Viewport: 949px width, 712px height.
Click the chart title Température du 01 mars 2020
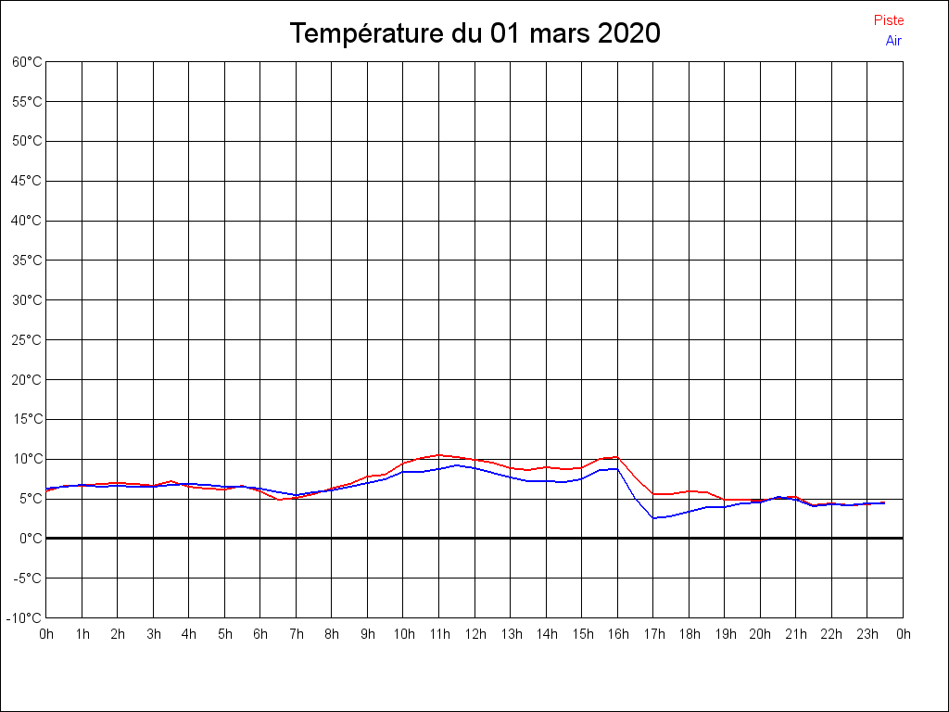click(x=474, y=33)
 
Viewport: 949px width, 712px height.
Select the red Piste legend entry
click(x=888, y=20)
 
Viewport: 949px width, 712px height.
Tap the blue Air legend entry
click(x=893, y=40)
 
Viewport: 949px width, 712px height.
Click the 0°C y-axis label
click(x=31, y=538)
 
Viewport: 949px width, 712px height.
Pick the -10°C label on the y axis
click(x=26, y=617)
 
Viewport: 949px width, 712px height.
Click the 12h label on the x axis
click(x=474, y=634)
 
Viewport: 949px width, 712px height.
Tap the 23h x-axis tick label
click(x=867, y=634)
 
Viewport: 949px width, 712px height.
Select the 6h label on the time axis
click(x=260, y=634)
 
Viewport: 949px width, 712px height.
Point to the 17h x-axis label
click(x=653, y=634)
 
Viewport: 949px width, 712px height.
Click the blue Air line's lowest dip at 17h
click(x=653, y=517)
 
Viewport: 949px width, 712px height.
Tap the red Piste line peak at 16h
click(x=617, y=457)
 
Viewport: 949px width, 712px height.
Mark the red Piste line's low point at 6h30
click(x=279, y=500)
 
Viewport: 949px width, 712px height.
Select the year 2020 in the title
click(x=628, y=33)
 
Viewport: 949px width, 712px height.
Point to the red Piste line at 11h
click(x=439, y=455)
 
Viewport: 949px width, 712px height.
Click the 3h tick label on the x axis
click(x=154, y=634)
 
